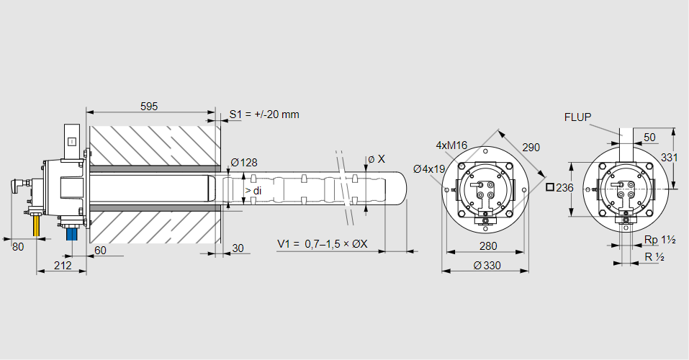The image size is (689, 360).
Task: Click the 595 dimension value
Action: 149,106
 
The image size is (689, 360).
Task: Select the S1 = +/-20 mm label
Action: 264,114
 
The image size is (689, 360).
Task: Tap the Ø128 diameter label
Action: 243,162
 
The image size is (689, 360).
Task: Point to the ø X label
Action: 376,158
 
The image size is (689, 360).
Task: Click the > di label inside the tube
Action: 253,190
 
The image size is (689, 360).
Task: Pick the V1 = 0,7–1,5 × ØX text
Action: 323,244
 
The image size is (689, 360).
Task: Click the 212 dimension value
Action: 63,266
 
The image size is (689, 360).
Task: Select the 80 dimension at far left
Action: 19,246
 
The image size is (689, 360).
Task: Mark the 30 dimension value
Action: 238,248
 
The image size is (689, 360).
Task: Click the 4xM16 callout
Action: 451,145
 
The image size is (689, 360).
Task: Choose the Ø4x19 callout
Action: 429,169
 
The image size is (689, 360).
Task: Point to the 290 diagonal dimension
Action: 531,147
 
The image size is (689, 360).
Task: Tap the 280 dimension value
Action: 488,246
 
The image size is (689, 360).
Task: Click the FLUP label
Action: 577,117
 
